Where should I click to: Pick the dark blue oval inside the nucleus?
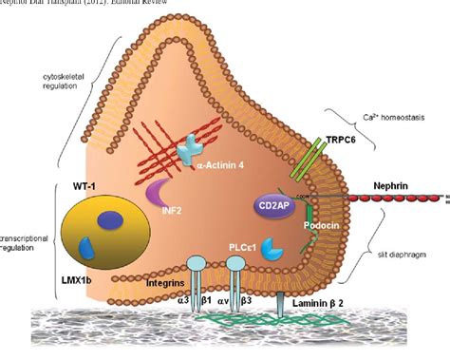click(108, 219)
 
